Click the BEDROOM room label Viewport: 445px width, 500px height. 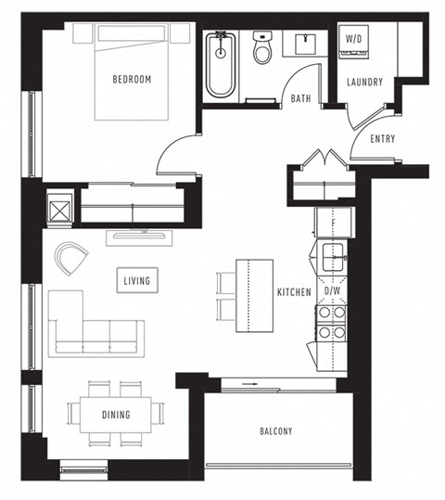pyautogui.click(x=132, y=80)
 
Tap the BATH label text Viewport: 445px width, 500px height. pyautogui.click(x=300, y=97)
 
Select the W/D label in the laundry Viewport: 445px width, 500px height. pyautogui.click(x=353, y=39)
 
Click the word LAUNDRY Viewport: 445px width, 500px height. pyautogui.click(x=364, y=83)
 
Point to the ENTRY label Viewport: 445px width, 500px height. pyautogui.click(x=382, y=139)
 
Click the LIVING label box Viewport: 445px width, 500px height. pyautogui.click(x=135, y=279)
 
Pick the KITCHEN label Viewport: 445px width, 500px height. pyautogui.click(x=294, y=292)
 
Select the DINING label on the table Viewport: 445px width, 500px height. pyautogui.click(x=116, y=415)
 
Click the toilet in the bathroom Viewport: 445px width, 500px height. pyautogui.click(x=261, y=49)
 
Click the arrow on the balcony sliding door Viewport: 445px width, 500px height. pyautogui.click(x=250, y=381)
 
